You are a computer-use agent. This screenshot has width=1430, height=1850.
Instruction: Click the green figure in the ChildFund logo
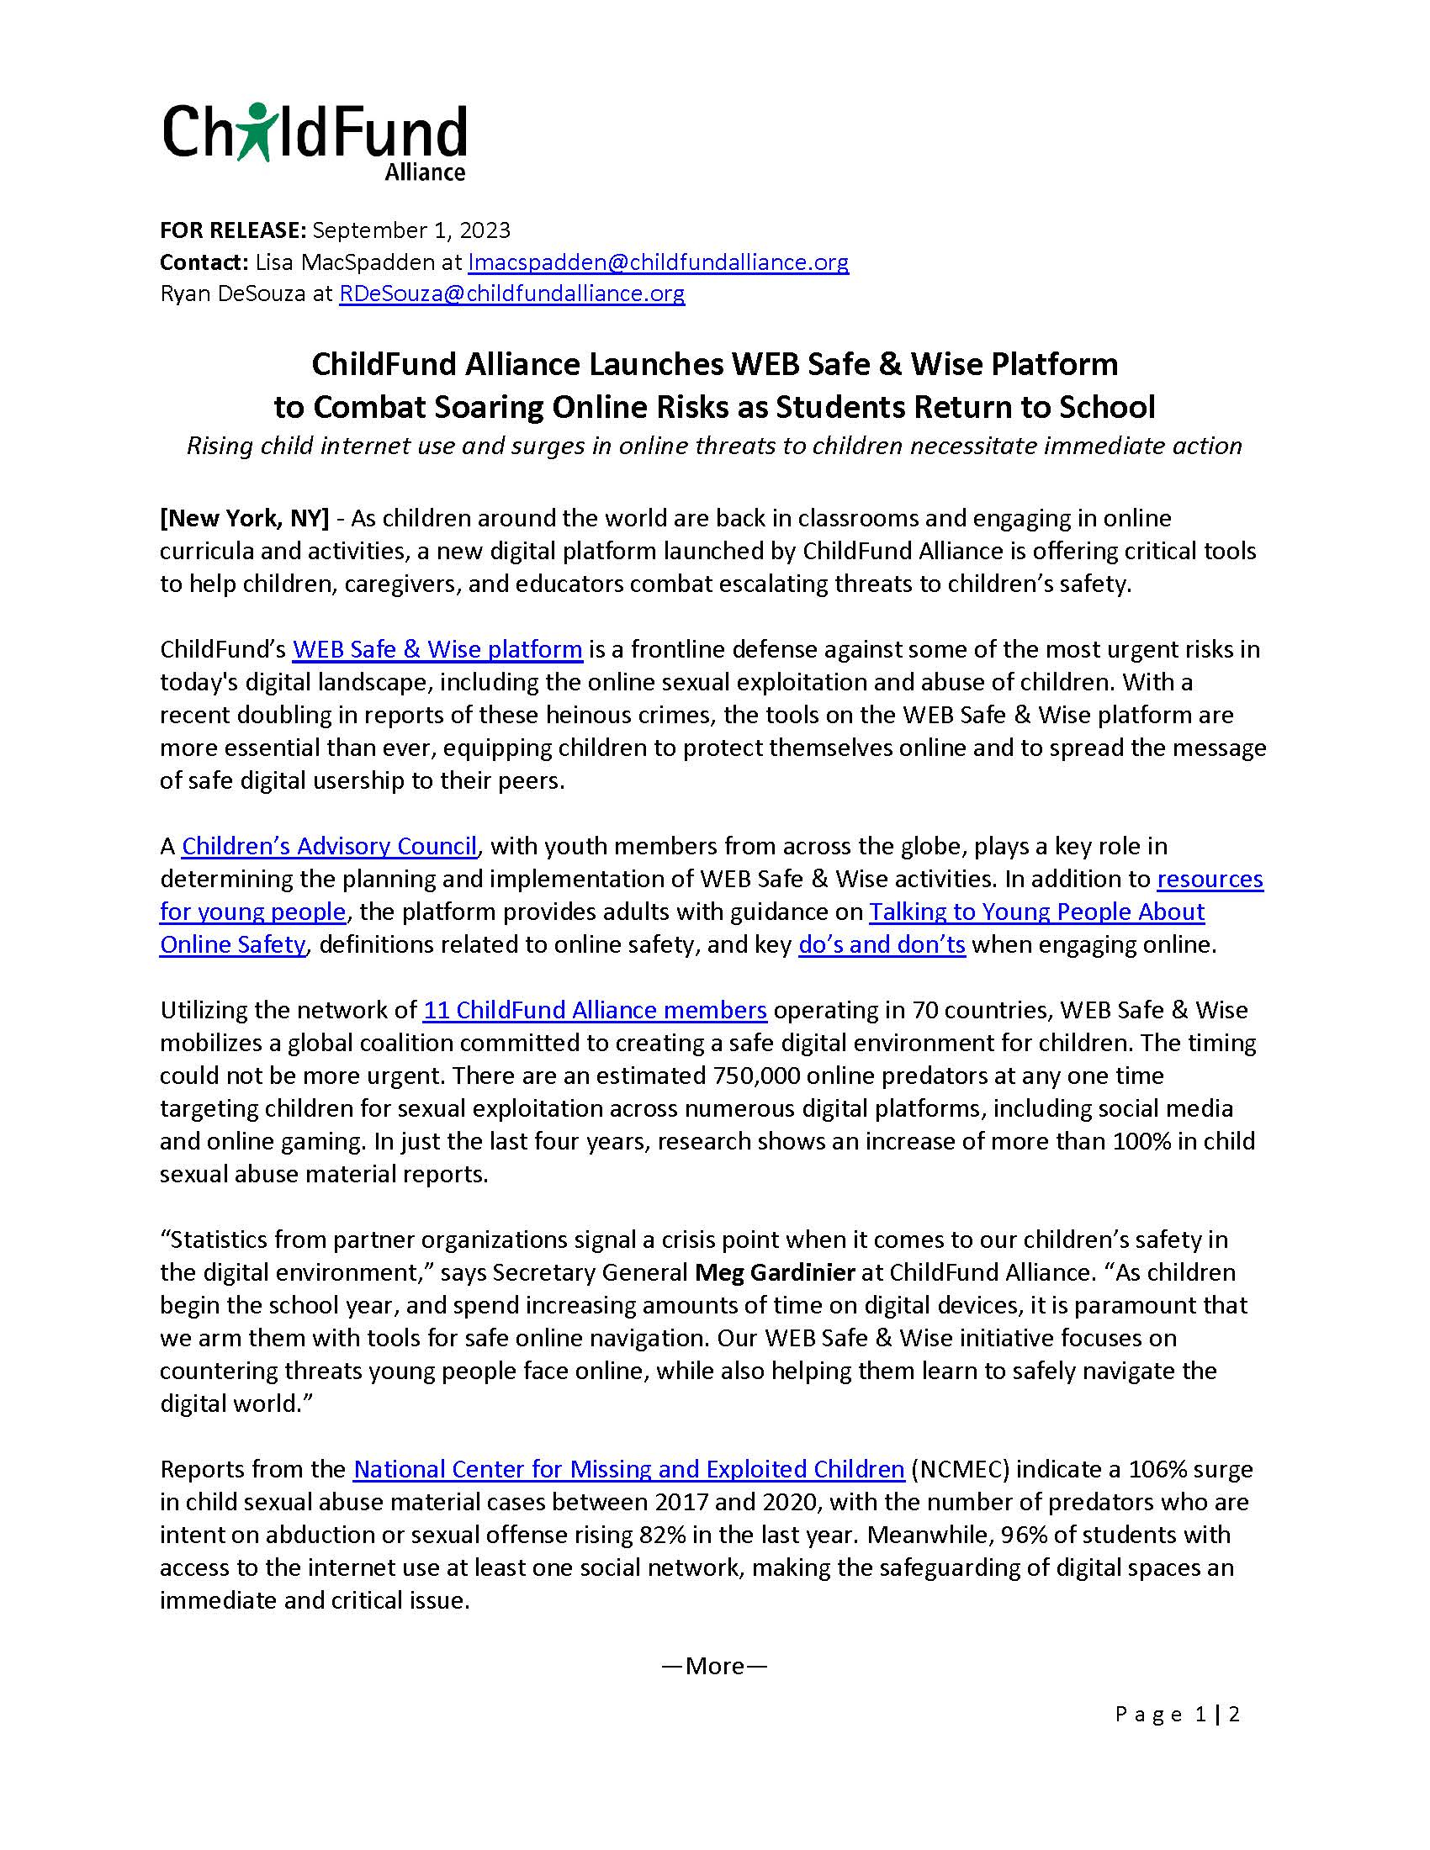click(x=255, y=132)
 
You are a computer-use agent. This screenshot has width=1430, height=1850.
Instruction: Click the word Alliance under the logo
click(x=425, y=172)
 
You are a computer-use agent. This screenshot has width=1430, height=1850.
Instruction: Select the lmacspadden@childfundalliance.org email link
click(x=659, y=262)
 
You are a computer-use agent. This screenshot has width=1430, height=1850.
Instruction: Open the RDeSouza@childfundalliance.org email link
click(x=511, y=294)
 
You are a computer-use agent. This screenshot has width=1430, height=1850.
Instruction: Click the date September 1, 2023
click(x=410, y=230)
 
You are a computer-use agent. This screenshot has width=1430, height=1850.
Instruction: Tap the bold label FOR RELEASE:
click(x=232, y=230)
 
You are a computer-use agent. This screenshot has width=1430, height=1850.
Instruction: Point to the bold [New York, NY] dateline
click(x=244, y=518)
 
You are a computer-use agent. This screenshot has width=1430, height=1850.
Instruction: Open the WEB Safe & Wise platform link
click(x=437, y=650)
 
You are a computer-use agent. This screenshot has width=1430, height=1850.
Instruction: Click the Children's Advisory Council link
click(x=330, y=846)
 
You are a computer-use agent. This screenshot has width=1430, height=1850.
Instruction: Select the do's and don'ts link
click(x=882, y=944)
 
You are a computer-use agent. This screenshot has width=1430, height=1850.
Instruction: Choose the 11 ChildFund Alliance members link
click(x=595, y=1011)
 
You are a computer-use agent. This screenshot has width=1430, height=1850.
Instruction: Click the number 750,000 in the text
click(x=752, y=1076)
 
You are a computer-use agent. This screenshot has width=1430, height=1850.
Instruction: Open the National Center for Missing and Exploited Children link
click(x=628, y=1470)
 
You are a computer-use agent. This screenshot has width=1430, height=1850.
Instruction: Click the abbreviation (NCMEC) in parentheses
click(x=960, y=1470)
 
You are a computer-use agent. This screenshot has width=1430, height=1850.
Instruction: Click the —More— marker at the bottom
click(x=714, y=1666)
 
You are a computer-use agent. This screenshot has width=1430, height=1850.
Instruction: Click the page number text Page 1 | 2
click(x=1178, y=1715)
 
